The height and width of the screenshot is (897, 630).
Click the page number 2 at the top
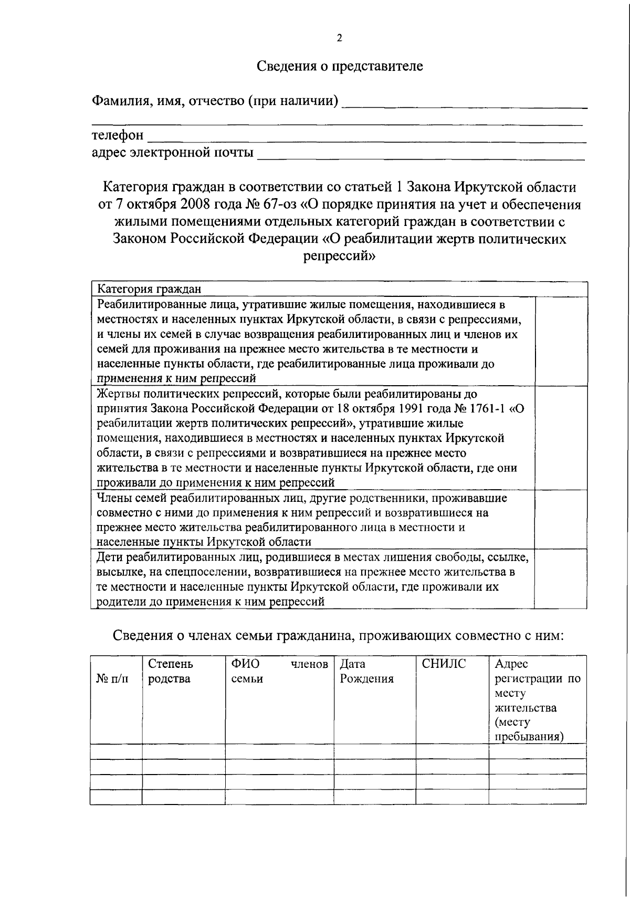pos(339,38)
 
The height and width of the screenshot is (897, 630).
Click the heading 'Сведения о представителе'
pos(339,66)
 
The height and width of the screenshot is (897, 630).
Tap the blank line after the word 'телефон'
pos(366,138)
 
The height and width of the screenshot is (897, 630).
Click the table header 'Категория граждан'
pos(150,288)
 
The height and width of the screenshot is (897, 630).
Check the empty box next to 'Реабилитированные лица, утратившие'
pos(561,340)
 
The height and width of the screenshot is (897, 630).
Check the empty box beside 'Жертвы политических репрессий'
pos(561,437)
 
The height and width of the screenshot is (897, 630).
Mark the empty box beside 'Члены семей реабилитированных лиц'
pos(561,519)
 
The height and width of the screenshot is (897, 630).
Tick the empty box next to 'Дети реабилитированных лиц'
pos(561,579)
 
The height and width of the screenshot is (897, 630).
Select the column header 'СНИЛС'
pos(444,664)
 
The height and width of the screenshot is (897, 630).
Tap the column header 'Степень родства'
pos(170,671)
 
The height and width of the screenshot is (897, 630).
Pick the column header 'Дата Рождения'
pos(366,671)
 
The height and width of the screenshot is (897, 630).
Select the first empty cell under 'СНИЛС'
pos(452,751)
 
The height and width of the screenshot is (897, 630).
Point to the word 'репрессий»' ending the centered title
pos(339,256)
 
